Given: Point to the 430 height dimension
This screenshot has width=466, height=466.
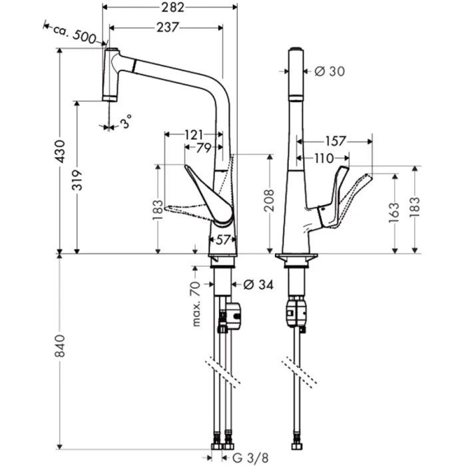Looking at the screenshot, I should click(x=60, y=152).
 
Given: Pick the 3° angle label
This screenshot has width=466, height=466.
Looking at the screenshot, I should click(x=126, y=122).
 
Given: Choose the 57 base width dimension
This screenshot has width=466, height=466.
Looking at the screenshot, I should click(x=222, y=238).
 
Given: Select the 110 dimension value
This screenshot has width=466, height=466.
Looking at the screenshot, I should click(x=323, y=158).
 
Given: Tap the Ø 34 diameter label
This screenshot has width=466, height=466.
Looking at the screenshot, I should click(x=256, y=285).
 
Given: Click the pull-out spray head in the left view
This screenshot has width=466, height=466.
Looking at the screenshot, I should click(x=110, y=73).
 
